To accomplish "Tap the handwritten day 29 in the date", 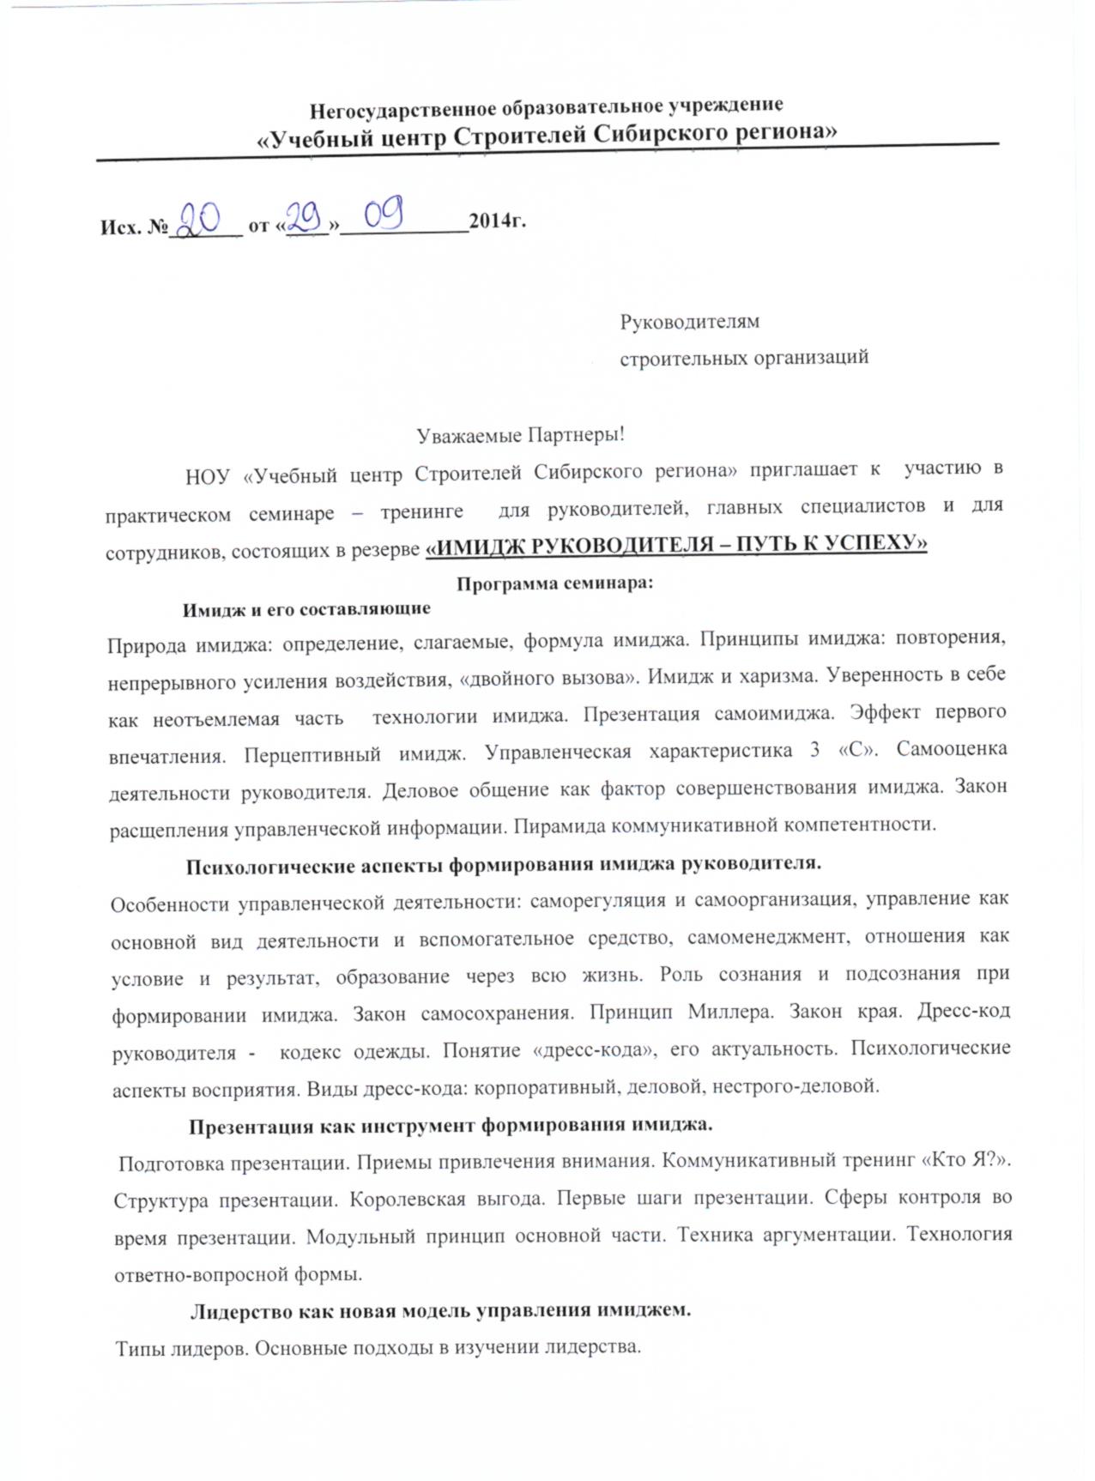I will (x=305, y=220).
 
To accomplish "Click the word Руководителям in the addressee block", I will (x=690, y=322).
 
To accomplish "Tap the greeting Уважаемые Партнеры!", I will (x=521, y=435).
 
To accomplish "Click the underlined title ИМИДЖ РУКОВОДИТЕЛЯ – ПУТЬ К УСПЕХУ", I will (x=676, y=545).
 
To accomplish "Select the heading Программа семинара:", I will (x=554, y=583).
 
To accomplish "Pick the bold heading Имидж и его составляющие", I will (x=306, y=609).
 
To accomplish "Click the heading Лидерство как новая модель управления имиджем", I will (x=440, y=1310).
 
